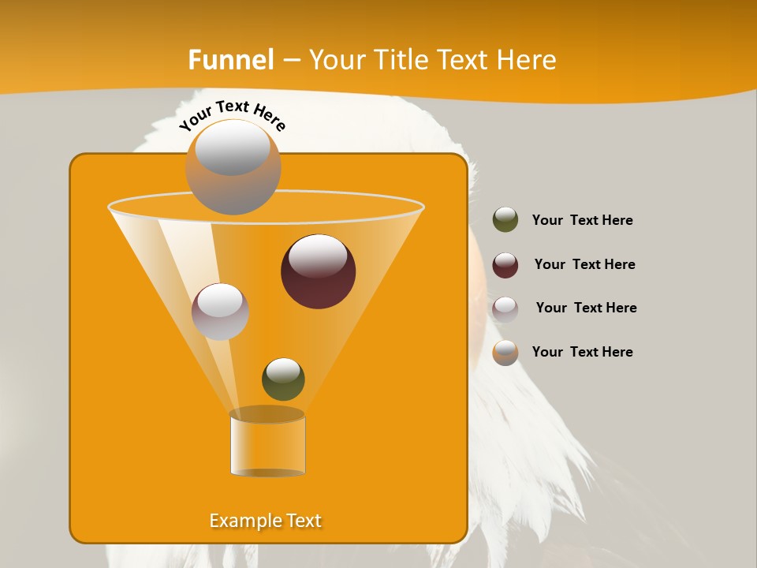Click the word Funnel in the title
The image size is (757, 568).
[230, 60]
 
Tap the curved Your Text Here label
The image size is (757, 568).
[232, 115]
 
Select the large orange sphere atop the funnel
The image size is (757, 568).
[233, 167]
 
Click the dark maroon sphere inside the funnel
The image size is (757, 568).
[318, 271]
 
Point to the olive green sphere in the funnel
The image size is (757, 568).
[283, 379]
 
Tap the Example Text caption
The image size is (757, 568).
[265, 521]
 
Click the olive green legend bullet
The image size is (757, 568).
[505, 220]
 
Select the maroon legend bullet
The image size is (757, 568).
[505, 265]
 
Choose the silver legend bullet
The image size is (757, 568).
[505, 308]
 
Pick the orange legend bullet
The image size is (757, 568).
[505, 353]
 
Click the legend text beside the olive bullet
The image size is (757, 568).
[582, 220]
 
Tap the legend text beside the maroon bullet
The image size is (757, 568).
[584, 264]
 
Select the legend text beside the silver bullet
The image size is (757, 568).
[586, 308]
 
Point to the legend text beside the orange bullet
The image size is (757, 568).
[582, 352]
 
